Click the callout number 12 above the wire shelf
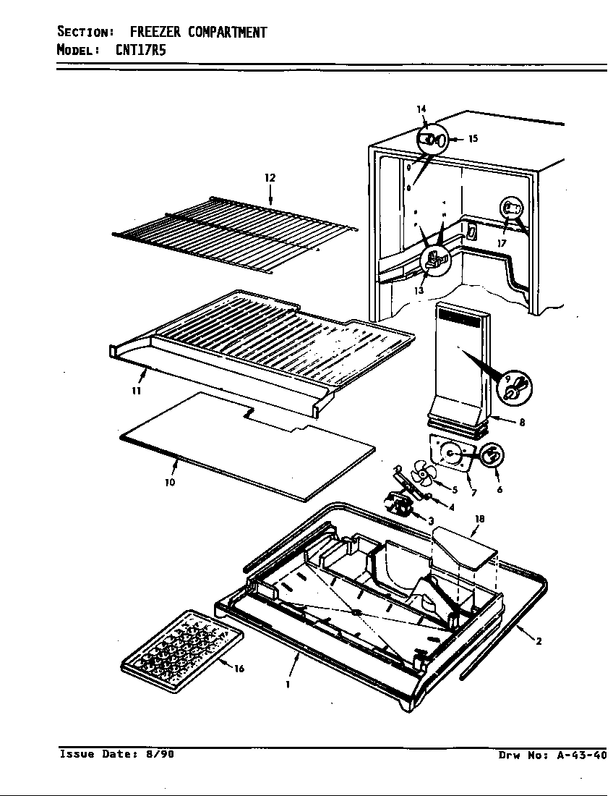(270, 177)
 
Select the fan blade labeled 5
(423, 478)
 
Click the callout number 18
(479, 519)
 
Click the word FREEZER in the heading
(155, 33)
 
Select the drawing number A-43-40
(581, 755)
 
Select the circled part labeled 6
(492, 456)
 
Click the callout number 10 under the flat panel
(170, 483)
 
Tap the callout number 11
(136, 391)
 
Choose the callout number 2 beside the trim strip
(539, 640)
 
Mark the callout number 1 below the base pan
(288, 684)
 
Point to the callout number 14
(421, 109)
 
